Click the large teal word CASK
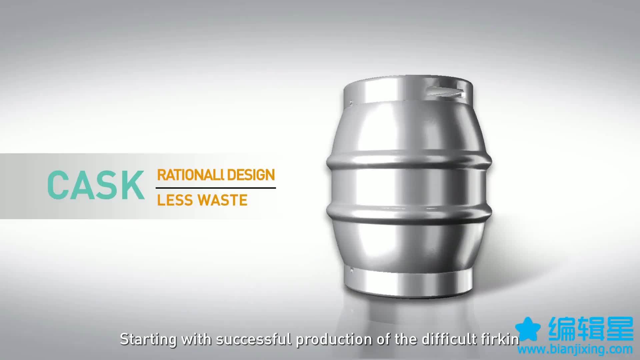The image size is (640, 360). click(96, 185)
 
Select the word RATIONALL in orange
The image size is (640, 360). click(189, 175)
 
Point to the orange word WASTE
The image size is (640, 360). click(223, 200)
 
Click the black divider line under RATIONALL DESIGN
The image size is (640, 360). click(216, 188)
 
